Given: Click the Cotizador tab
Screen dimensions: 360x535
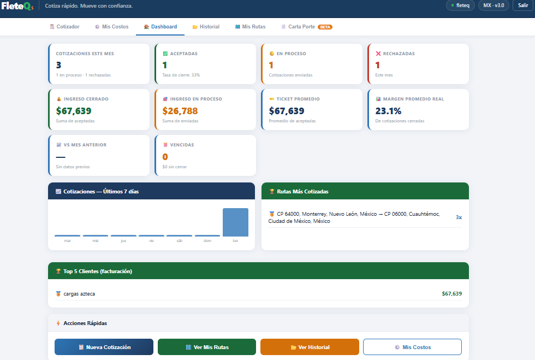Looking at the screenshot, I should (64, 27).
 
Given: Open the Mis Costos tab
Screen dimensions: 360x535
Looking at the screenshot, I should (111, 27).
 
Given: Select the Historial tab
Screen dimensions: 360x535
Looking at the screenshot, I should (206, 27).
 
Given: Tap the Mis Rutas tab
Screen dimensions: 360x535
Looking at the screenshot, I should (250, 27).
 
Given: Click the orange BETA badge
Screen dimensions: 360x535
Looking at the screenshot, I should (325, 27).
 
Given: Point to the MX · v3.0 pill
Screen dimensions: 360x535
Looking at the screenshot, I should (494, 5).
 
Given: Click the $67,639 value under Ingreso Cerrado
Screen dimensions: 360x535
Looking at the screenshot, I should (74, 111).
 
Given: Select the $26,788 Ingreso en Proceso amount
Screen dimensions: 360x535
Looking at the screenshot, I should (180, 111).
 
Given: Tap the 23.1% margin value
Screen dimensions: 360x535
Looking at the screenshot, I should (388, 111).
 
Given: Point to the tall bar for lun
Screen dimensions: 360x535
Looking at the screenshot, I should (235, 222).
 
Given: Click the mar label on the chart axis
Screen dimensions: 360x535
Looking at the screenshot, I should (67, 240).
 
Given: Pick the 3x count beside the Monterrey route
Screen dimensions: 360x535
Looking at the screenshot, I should (459, 217).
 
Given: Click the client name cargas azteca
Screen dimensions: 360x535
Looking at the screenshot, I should (79, 294).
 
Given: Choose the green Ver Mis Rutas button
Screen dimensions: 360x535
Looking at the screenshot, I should (206, 347).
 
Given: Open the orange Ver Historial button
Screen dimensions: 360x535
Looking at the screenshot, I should (310, 347).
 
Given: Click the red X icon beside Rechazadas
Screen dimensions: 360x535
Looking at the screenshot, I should (378, 54).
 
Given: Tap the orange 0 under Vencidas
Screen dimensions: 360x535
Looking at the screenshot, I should (165, 157).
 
